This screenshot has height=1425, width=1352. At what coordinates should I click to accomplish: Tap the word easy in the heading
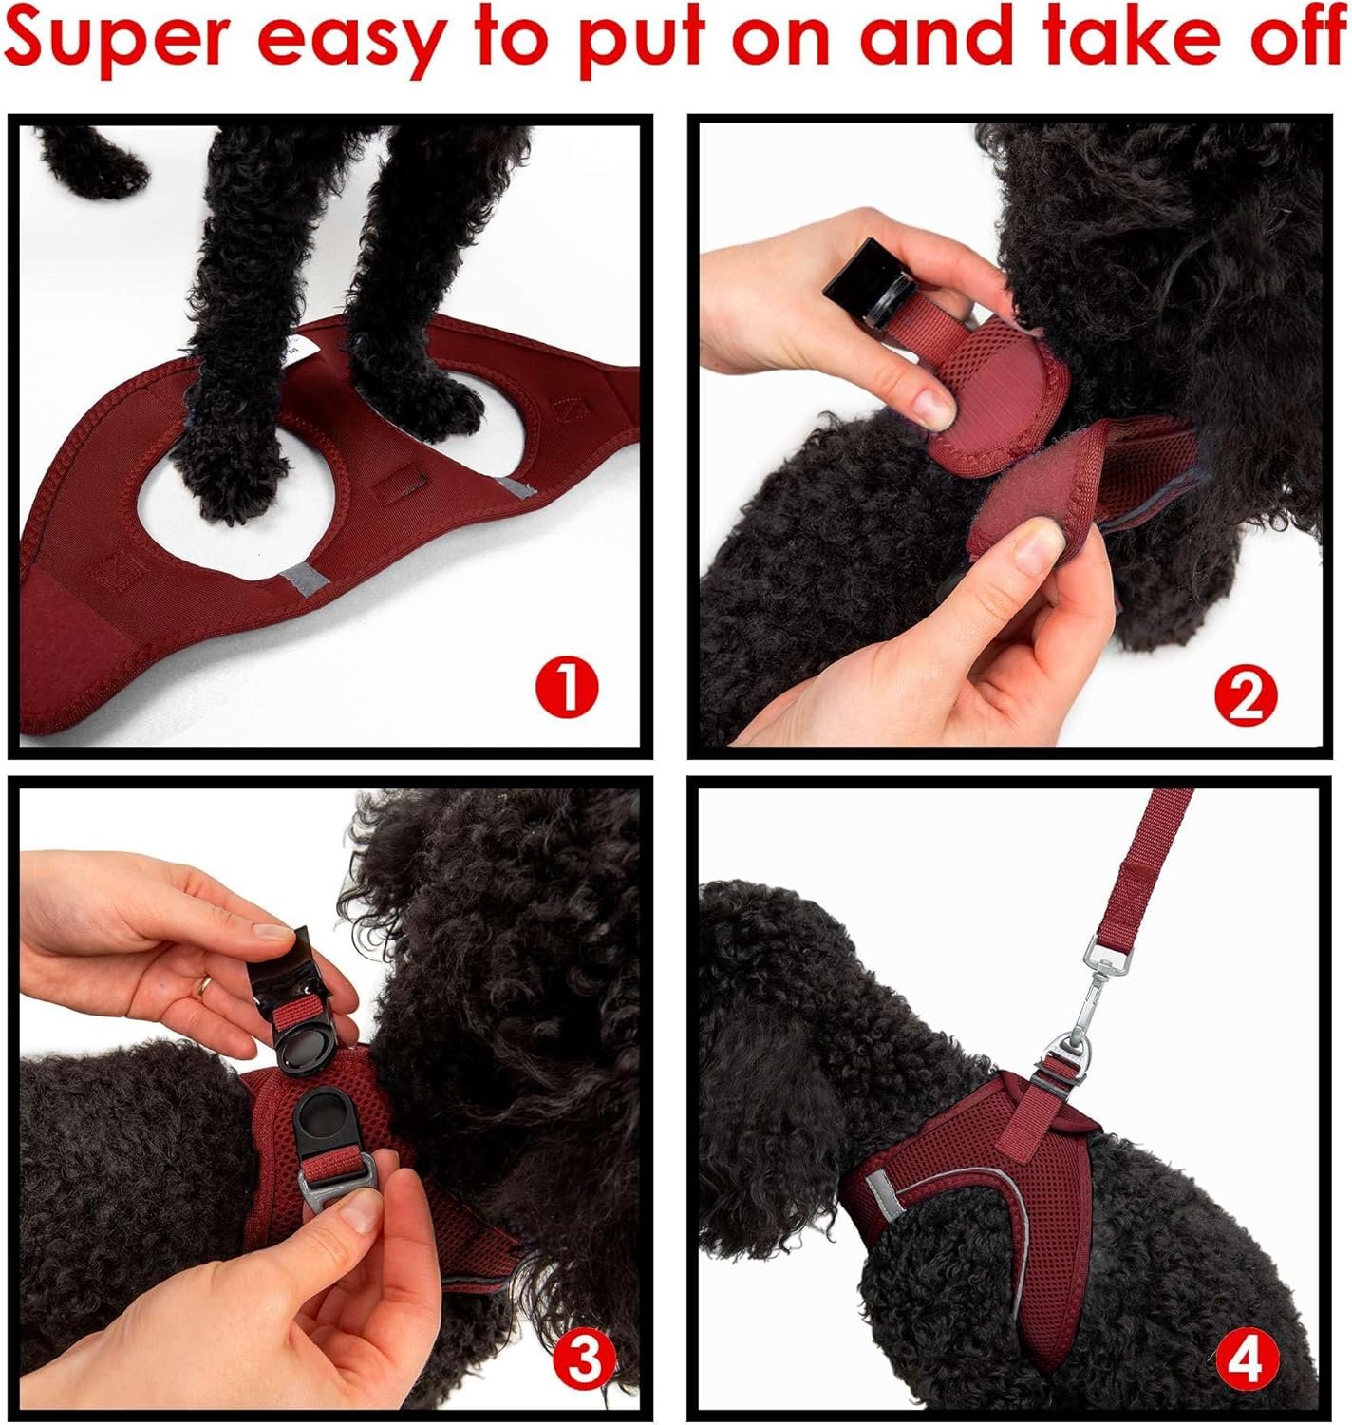click(350, 45)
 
